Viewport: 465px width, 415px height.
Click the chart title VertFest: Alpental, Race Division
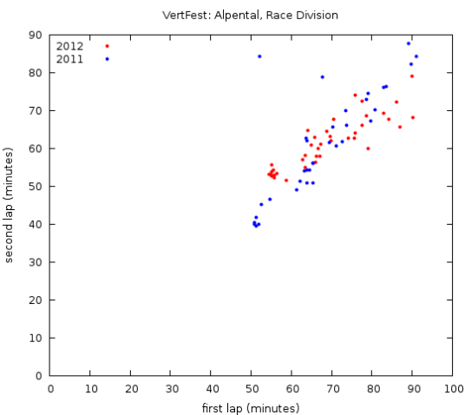252,15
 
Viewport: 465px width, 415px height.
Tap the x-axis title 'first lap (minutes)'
252,407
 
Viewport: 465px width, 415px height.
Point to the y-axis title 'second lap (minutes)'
10,205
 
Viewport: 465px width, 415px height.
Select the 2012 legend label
70,46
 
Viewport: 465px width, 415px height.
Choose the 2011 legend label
70,59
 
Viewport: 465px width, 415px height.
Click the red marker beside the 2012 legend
107,46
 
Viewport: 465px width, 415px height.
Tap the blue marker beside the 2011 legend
107,59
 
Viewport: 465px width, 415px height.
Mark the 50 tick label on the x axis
252,389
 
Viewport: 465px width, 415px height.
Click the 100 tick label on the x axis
453,389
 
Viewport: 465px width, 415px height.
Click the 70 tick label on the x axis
332,389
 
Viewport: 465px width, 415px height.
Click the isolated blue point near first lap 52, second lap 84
259,56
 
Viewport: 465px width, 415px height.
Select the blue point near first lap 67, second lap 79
322,77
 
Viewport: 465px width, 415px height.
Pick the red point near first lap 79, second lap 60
368,148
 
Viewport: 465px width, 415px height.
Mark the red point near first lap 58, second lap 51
286,181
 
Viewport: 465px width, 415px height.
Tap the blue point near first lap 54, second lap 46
270,200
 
